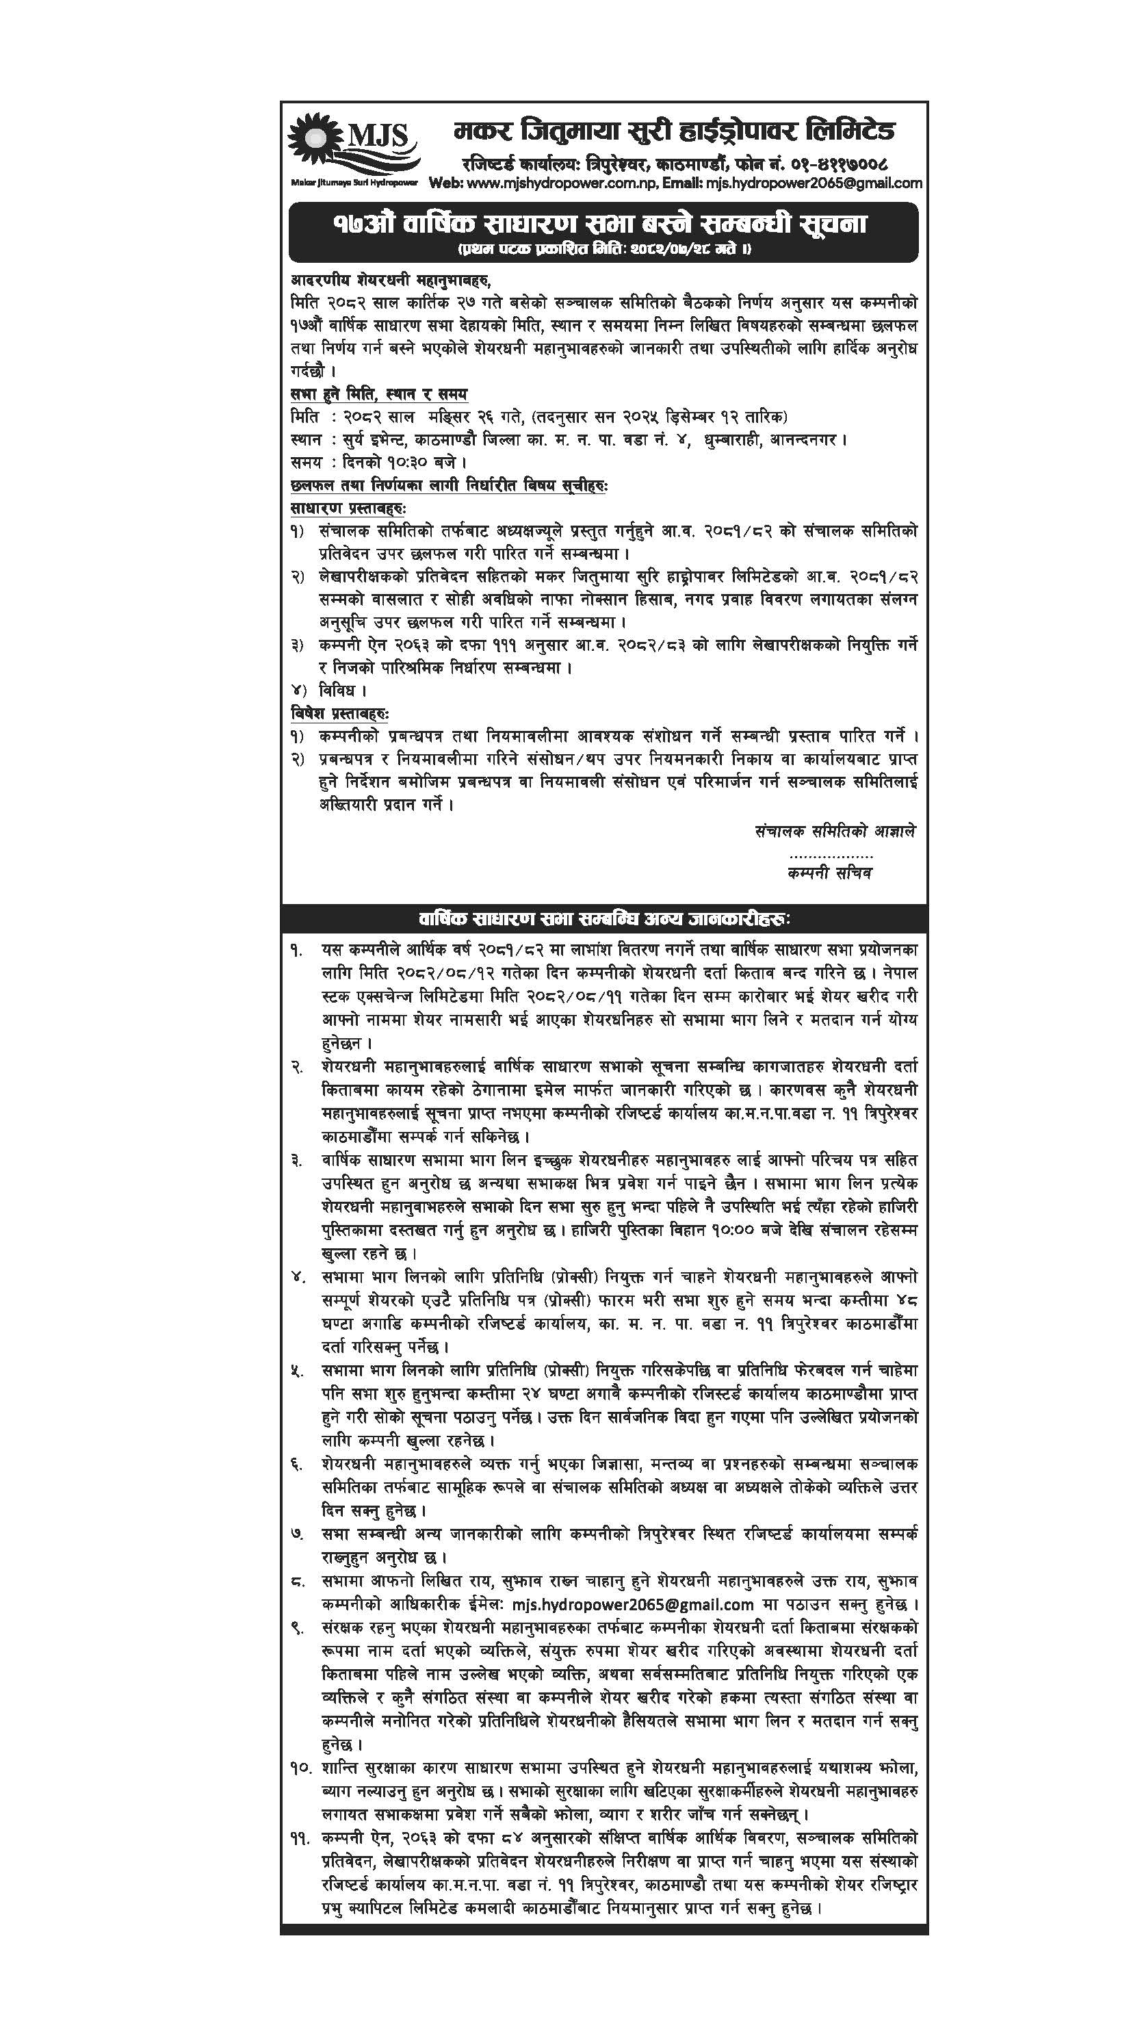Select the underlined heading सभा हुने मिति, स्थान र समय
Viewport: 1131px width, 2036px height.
click(378, 394)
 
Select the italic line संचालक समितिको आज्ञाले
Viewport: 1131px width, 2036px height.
click(835, 832)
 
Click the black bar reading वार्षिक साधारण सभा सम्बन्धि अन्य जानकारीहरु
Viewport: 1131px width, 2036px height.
click(604, 918)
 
